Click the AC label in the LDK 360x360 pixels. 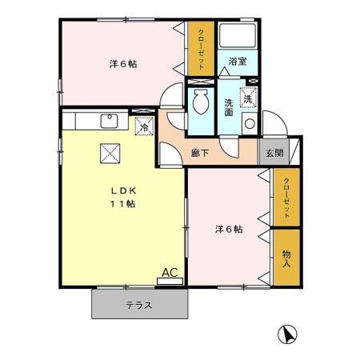click(170, 273)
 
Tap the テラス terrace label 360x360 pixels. click(139, 305)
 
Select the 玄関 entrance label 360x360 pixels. click(274, 153)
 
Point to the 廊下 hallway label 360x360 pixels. click(200, 153)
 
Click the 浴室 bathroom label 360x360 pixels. click(237, 61)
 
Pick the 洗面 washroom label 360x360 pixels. click(229, 107)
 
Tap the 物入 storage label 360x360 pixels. click(286, 257)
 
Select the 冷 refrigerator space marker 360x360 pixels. click(144, 126)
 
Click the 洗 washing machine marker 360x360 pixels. click(248, 99)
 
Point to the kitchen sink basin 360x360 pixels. click(108, 121)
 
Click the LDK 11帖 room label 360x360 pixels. click(122, 196)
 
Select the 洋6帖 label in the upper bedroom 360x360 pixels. click(122, 64)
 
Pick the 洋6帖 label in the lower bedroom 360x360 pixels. click(228, 230)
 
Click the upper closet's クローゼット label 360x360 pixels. click(202, 49)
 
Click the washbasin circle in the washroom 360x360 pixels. click(250, 124)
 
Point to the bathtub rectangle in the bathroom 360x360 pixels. click(238, 37)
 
